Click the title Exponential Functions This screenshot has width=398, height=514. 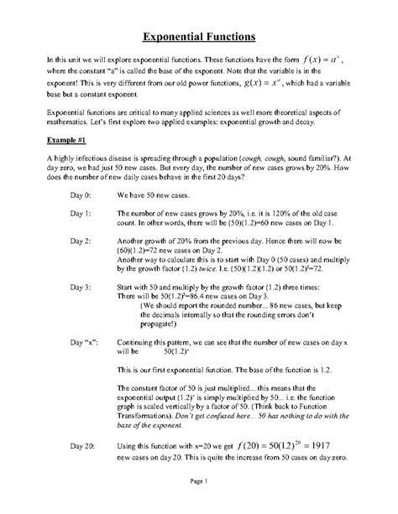point(199,38)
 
